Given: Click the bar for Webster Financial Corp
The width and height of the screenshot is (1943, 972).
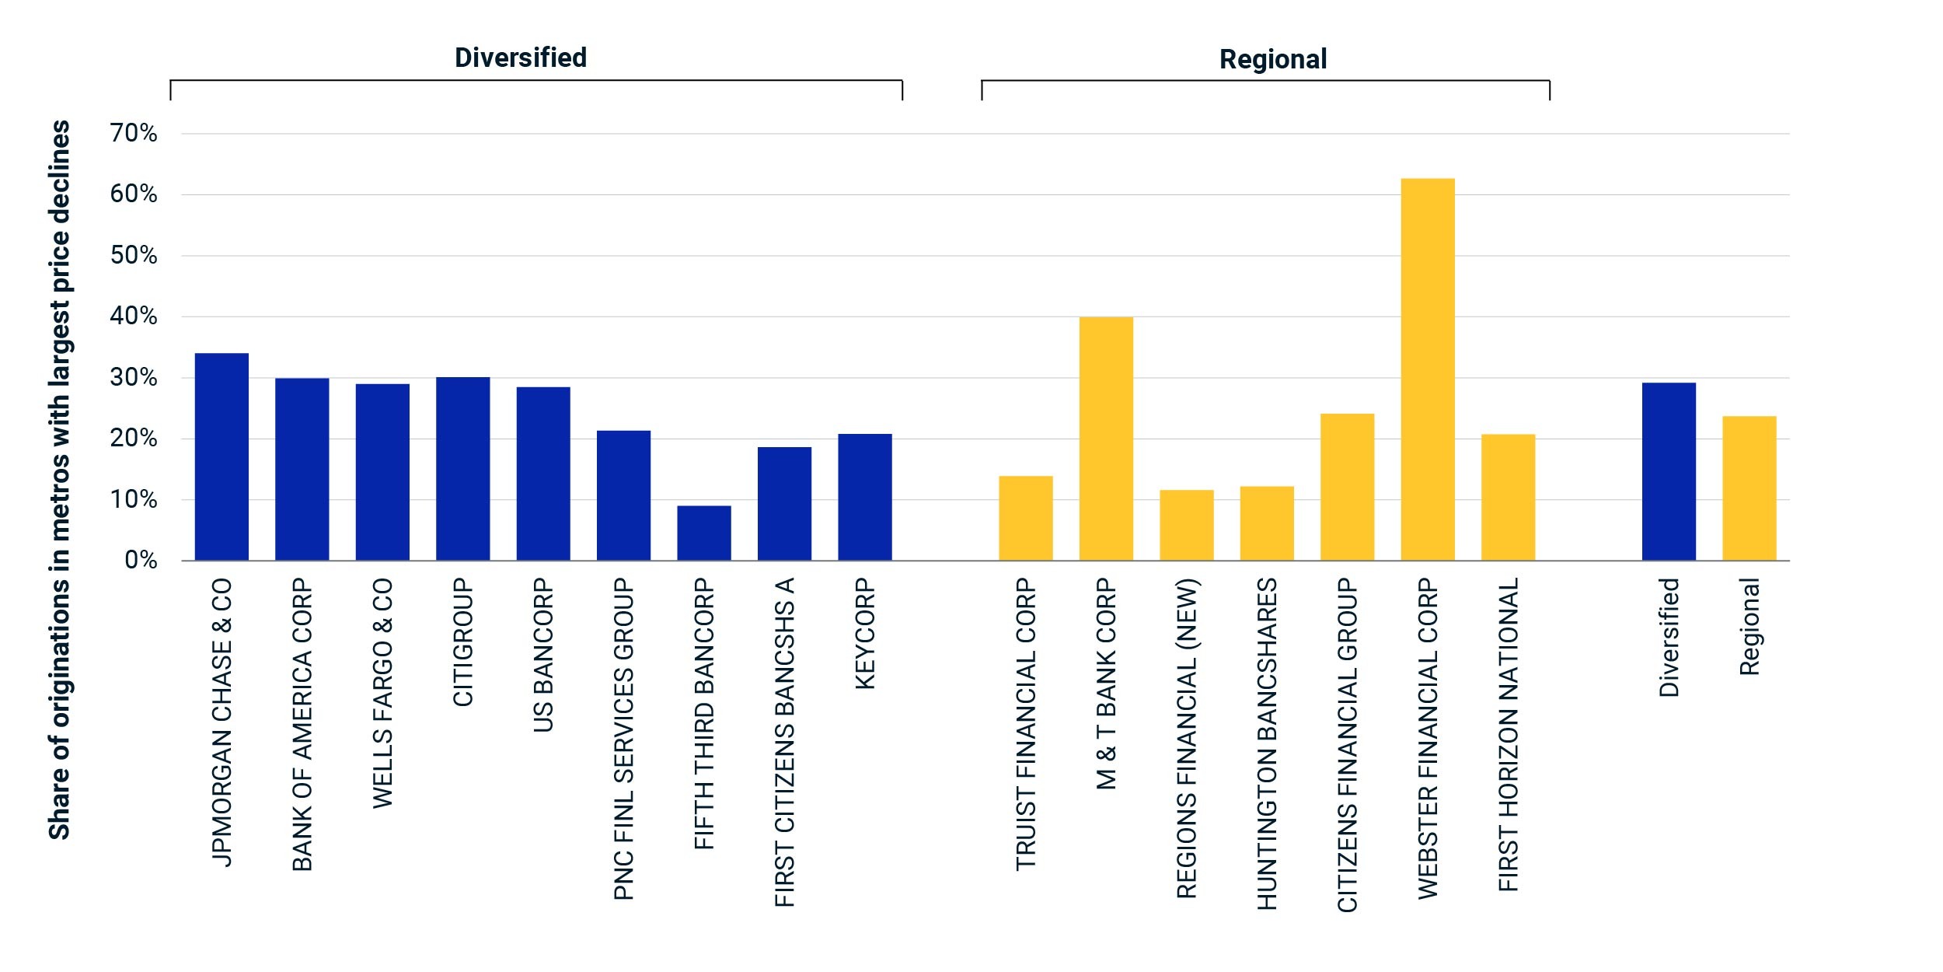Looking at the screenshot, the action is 1428,369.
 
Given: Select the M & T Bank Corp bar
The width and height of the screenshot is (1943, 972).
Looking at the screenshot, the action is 1106,439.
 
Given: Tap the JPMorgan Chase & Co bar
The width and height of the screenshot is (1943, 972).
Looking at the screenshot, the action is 222,457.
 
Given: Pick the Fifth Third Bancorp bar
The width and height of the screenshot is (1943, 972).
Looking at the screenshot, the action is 704,533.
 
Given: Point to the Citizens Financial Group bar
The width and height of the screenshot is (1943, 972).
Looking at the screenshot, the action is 1348,487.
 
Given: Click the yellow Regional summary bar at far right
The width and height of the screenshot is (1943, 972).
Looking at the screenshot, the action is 1749,488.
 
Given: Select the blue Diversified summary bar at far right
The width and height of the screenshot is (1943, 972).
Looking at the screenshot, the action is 1669,471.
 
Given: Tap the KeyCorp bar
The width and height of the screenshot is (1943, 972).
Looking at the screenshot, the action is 865,497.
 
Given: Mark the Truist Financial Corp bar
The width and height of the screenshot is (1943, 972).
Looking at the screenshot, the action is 1026,518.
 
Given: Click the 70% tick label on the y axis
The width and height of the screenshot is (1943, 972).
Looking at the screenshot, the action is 134,134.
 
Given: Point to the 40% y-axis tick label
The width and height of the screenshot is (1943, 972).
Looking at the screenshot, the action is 134,316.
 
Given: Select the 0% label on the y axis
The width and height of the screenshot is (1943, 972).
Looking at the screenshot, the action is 141,561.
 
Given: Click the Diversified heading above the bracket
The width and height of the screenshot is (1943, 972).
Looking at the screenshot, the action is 521,58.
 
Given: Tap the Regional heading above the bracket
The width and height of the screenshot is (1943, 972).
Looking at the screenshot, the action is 1273,59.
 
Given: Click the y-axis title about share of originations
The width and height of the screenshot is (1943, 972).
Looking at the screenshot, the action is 59,480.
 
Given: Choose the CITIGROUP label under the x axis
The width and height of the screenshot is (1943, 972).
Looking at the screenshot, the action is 463,642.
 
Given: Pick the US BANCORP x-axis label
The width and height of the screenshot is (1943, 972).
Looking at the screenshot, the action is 543,655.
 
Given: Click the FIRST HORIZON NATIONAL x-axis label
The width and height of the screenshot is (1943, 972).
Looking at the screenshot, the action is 1508,735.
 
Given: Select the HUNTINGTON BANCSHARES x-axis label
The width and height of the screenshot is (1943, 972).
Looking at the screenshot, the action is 1267,744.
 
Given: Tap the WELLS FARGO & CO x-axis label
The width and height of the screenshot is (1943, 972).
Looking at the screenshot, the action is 382,693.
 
